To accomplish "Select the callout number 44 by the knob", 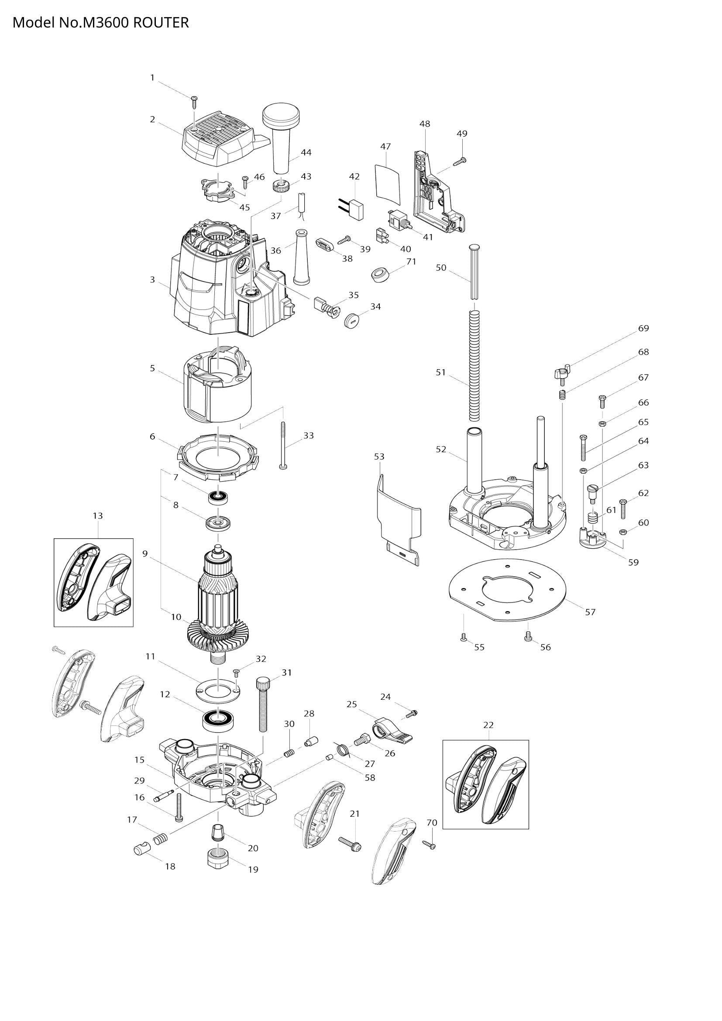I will (306, 152).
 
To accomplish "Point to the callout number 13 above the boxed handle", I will (98, 516).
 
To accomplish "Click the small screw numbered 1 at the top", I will (194, 101).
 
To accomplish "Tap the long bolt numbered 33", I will (283, 444).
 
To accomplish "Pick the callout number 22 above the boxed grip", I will (488, 725).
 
